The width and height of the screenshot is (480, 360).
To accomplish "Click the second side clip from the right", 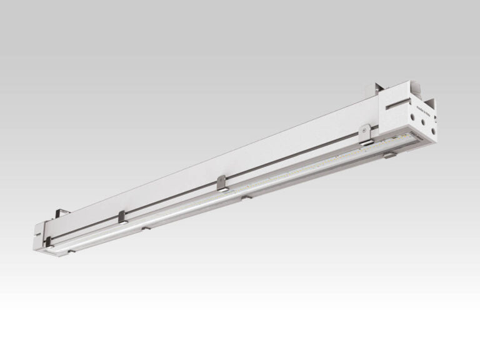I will pyautogui.click(x=222, y=182).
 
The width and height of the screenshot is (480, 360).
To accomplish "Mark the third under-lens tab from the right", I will pyautogui.click(x=145, y=229).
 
